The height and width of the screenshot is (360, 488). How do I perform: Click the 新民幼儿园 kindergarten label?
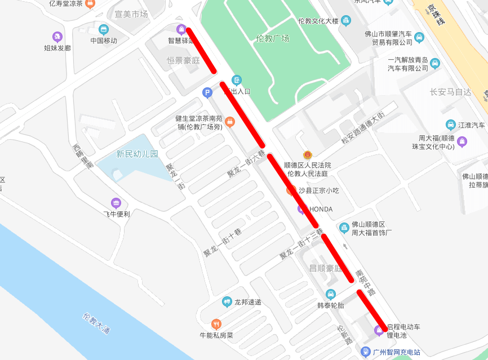[137, 154]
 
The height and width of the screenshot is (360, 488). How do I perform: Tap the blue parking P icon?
[207, 92]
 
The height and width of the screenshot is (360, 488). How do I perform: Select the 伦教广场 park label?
[272, 38]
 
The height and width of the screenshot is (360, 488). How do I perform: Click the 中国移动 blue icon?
[103, 29]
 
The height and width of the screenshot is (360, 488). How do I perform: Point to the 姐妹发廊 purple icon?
[57, 37]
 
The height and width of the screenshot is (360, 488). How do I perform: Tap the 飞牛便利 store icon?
[116, 203]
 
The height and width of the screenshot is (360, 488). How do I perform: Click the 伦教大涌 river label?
[95, 323]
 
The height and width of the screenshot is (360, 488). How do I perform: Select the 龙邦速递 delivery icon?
[227, 302]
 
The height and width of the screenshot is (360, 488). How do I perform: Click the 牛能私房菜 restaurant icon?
[216, 324]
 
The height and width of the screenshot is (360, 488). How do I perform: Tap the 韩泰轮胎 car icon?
[331, 294]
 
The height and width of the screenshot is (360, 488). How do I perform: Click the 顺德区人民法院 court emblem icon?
[307, 155]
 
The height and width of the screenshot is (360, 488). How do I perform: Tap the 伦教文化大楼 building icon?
[346, 21]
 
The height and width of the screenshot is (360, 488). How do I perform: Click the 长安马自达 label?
[450, 92]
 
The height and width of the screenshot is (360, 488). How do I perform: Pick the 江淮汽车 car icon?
[450, 125]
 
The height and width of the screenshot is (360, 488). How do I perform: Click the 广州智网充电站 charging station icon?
[366, 352]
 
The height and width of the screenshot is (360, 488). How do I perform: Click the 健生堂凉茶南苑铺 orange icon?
[229, 122]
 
